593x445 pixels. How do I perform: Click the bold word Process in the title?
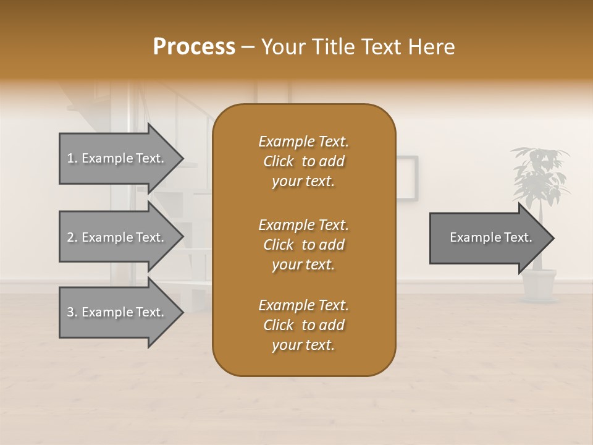tap(194, 47)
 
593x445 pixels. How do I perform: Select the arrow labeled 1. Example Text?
tap(115, 158)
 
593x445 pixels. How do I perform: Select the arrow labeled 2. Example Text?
tap(115, 237)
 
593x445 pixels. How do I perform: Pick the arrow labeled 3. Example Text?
tap(115, 312)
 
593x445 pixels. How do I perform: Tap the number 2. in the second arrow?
tap(72, 237)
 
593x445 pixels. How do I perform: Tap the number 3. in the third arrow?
tap(72, 312)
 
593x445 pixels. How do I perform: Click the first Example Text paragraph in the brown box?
tap(304, 161)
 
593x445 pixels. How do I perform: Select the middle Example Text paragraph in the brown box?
tap(304, 245)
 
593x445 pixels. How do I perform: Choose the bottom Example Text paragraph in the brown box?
tap(304, 325)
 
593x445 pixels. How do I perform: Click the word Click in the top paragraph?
tap(279, 161)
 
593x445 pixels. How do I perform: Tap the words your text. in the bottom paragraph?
tap(303, 345)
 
